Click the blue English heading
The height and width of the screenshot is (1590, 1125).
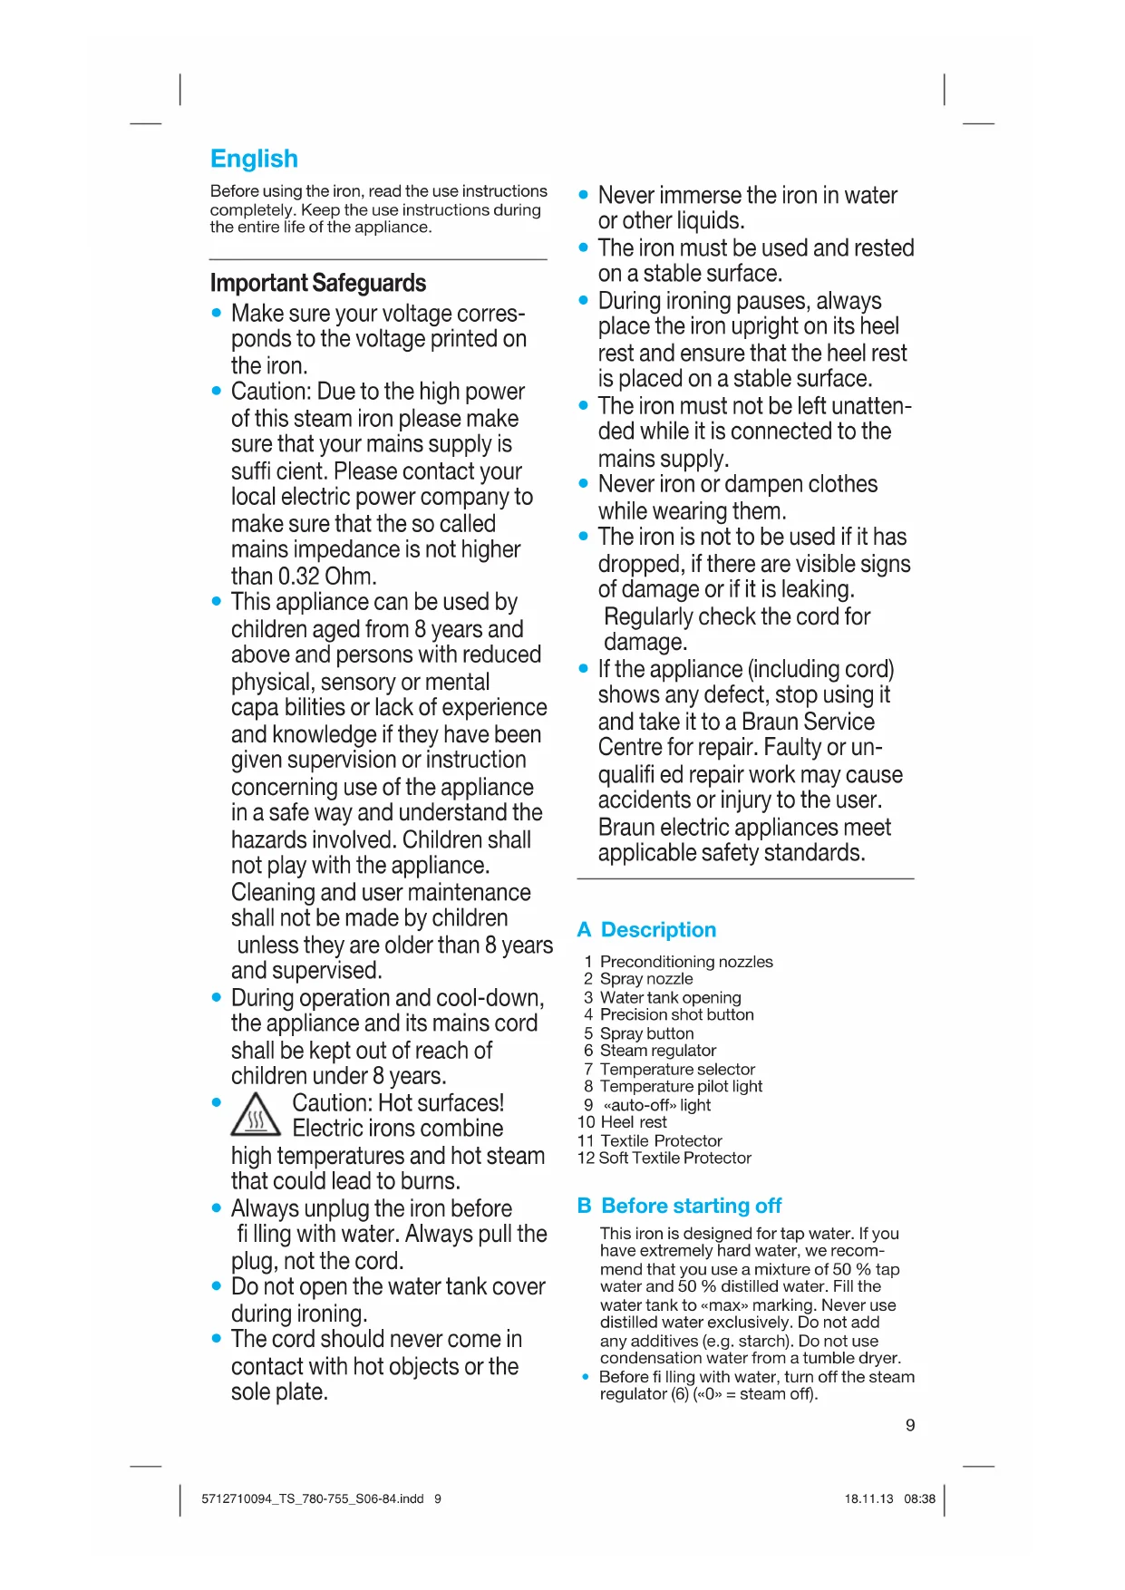tap(254, 159)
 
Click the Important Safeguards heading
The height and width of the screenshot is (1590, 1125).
tap(317, 283)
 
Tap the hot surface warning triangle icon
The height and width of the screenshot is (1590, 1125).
tap(257, 1115)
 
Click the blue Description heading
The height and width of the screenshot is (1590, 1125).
tap(658, 930)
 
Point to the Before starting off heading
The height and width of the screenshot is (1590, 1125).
tap(691, 1206)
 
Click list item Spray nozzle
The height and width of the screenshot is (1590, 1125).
tap(646, 979)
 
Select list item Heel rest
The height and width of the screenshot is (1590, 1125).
tap(634, 1122)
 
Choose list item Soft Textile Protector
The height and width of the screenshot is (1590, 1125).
tap(675, 1158)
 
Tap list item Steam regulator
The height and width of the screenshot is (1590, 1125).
tap(658, 1051)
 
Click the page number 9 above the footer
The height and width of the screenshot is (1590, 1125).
tap(910, 1425)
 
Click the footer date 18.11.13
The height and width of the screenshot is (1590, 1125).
tap(868, 1498)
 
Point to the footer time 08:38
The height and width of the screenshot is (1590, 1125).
tap(919, 1498)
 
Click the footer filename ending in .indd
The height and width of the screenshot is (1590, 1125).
tap(313, 1498)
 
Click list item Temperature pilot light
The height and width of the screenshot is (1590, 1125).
tap(681, 1086)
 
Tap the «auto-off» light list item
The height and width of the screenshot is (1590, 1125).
tap(656, 1105)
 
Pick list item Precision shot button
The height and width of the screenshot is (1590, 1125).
tap(676, 1014)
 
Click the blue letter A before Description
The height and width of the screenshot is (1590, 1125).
tap(585, 930)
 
